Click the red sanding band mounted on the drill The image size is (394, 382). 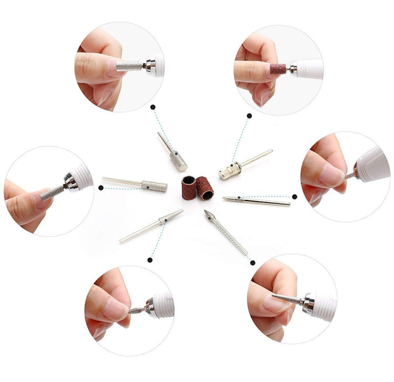tap(277, 68)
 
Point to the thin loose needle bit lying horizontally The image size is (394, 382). tap(256, 201)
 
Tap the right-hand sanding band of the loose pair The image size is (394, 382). tap(205, 188)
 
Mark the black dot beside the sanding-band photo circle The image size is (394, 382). tap(249, 116)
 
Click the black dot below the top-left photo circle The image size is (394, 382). tap(152, 106)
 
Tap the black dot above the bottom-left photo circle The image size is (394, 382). tap(150, 260)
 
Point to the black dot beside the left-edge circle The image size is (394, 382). tap(100, 187)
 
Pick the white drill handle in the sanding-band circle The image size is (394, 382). tap(309, 68)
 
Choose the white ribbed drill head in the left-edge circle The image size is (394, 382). tap(80, 176)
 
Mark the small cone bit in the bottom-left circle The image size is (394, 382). tap(137, 310)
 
